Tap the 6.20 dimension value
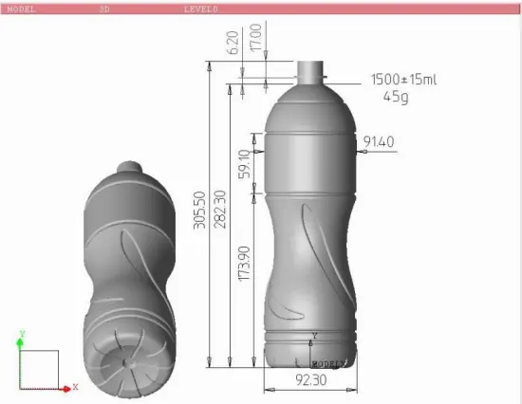pos(233,42)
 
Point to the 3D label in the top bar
pos(103,8)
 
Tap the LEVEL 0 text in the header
pos(200,8)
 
